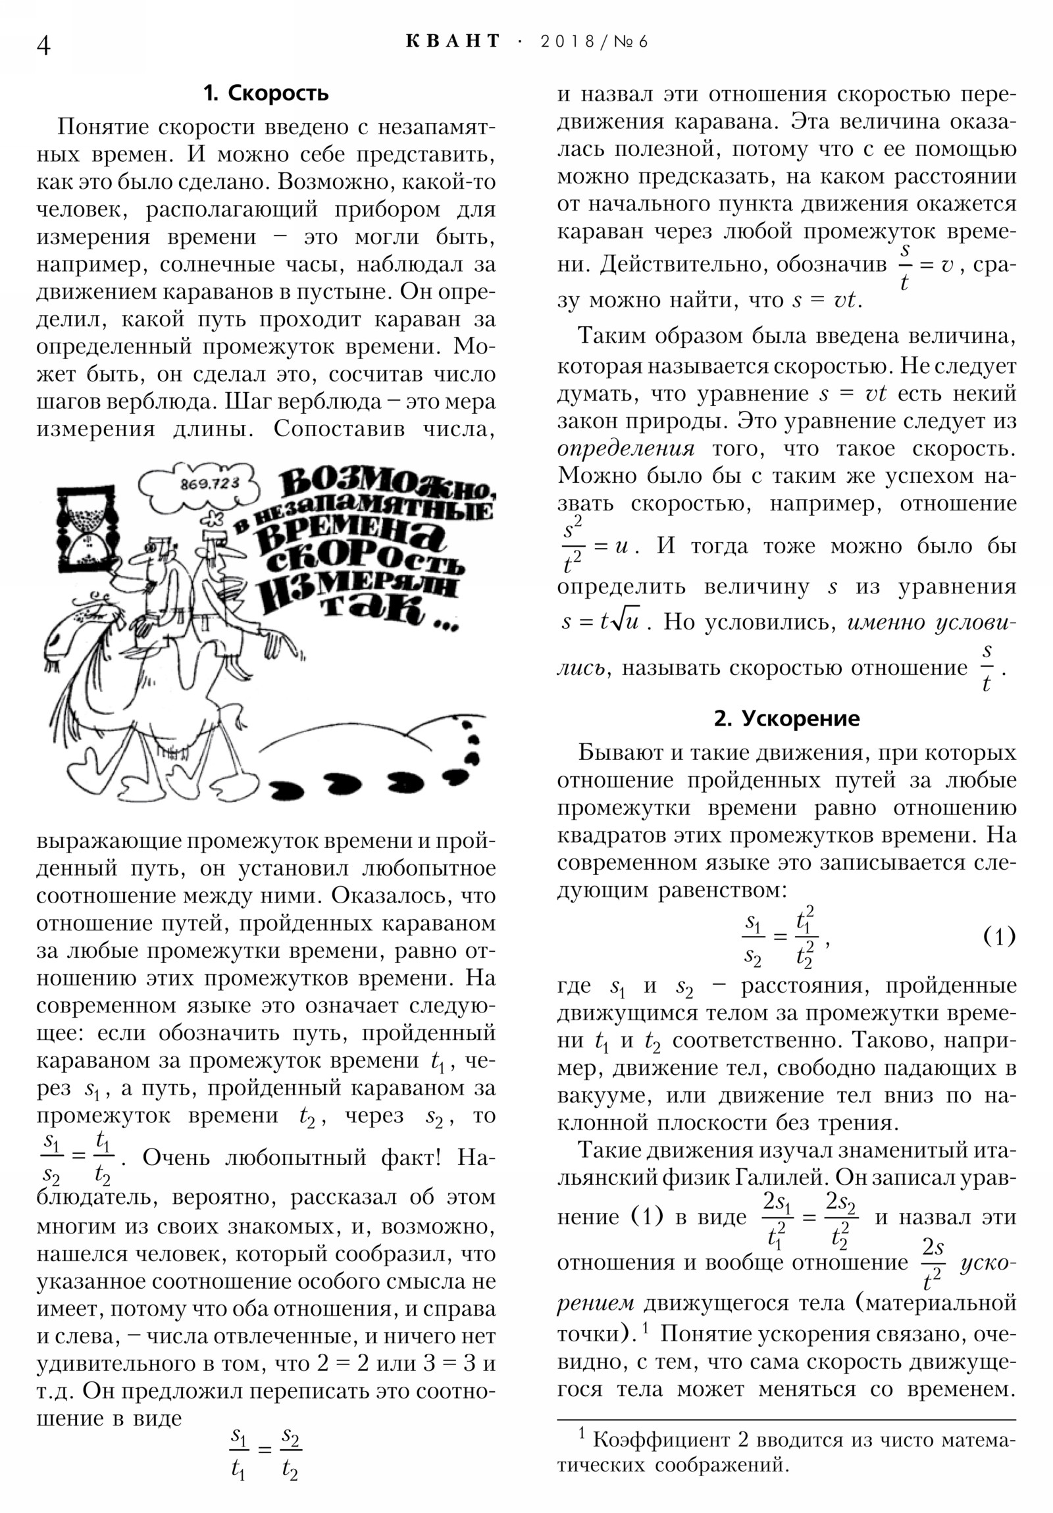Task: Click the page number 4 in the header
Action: [x=43, y=45]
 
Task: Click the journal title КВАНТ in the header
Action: [x=453, y=41]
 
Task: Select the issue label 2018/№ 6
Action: [x=594, y=41]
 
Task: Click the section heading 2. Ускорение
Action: [x=786, y=718]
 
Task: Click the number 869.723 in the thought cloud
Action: [x=209, y=483]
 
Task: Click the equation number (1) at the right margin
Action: [x=999, y=935]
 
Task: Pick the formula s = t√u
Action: [x=600, y=622]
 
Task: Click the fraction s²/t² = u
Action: [x=594, y=545]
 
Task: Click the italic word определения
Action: [x=625, y=448]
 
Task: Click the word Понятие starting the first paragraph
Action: [x=103, y=126]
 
